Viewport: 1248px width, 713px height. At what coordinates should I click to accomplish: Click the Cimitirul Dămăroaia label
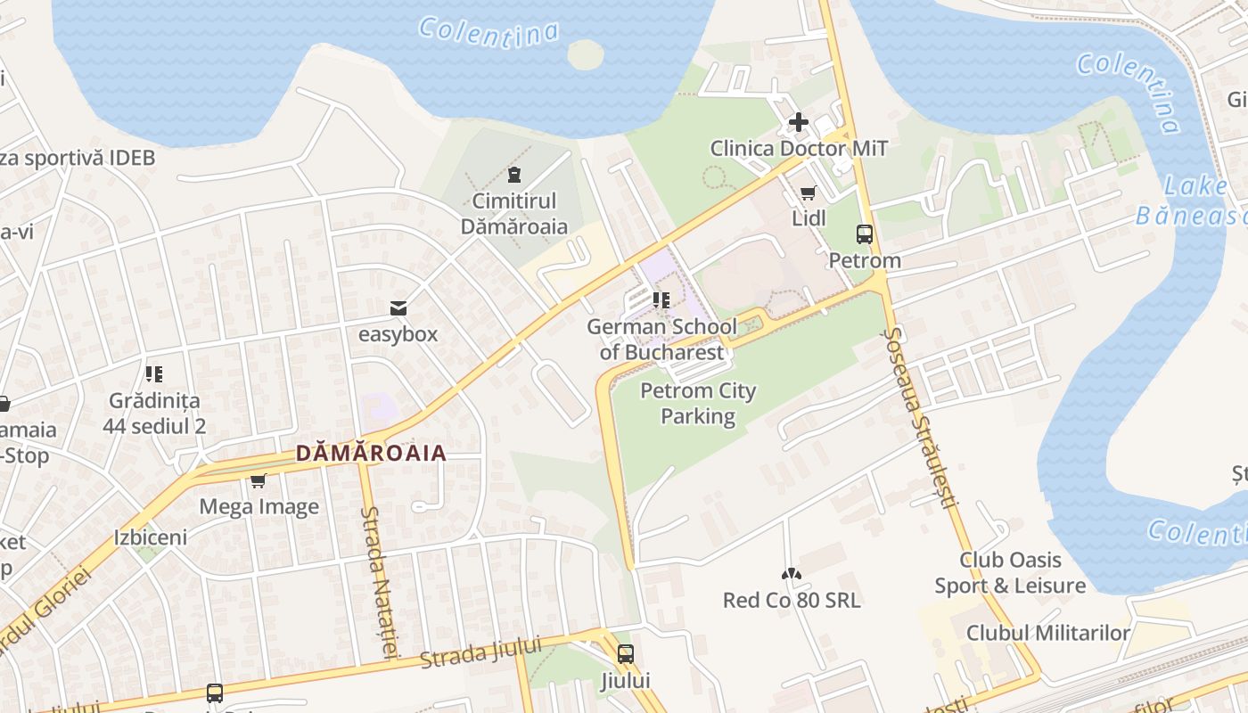point(514,214)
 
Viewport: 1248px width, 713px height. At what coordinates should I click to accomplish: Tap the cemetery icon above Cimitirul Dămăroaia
point(513,173)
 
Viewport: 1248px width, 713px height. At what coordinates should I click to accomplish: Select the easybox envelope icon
point(398,308)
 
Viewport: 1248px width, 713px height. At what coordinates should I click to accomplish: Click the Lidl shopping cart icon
point(809,193)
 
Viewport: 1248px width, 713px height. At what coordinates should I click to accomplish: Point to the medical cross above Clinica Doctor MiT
point(799,121)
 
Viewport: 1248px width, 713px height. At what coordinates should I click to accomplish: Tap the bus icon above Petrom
point(864,234)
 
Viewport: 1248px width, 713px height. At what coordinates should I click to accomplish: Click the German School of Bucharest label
point(661,340)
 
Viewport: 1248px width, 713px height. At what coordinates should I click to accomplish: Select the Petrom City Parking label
point(698,403)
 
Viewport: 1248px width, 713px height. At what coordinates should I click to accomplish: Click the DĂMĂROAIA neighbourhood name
point(371,454)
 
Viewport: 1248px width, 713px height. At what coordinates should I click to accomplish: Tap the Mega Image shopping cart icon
point(259,481)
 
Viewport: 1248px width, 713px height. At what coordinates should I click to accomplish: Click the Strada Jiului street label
point(480,653)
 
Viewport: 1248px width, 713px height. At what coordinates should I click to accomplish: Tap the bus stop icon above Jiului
point(626,654)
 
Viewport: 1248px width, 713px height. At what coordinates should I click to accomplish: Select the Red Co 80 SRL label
point(792,600)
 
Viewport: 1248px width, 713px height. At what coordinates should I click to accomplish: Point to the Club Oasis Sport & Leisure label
point(1010,572)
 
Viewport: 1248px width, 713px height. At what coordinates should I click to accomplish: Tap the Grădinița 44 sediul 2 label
point(154,414)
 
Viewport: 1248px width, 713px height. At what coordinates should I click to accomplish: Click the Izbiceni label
point(151,537)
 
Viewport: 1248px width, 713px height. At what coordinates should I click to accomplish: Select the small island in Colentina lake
point(585,54)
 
